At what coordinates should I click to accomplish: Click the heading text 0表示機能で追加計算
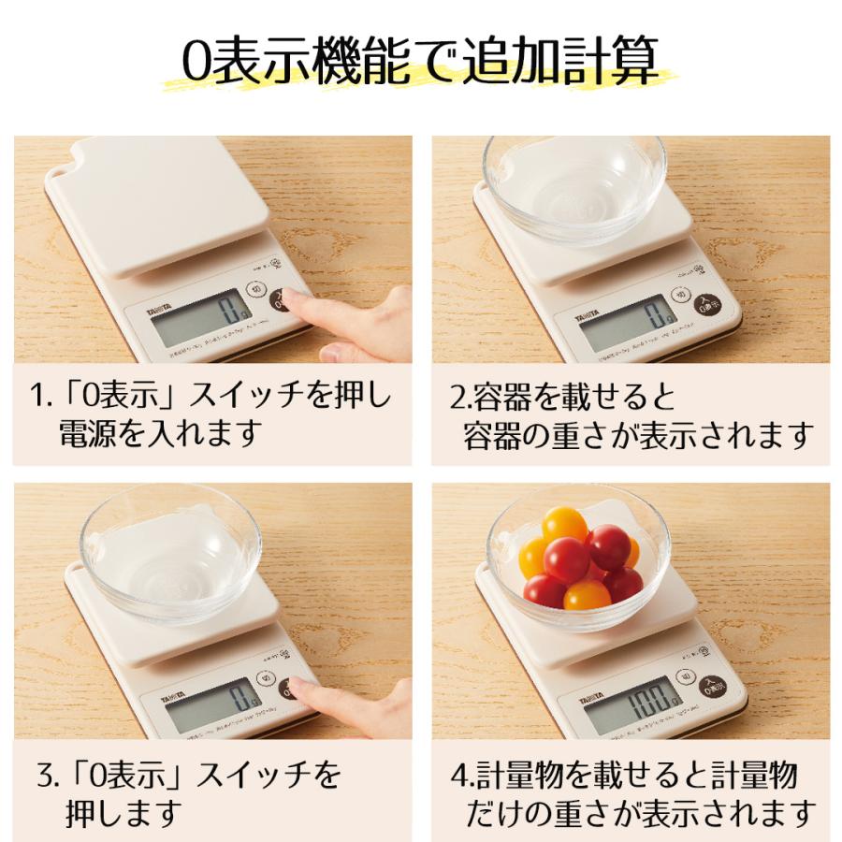(x=420, y=63)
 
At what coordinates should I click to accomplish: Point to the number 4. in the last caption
(x=461, y=775)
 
